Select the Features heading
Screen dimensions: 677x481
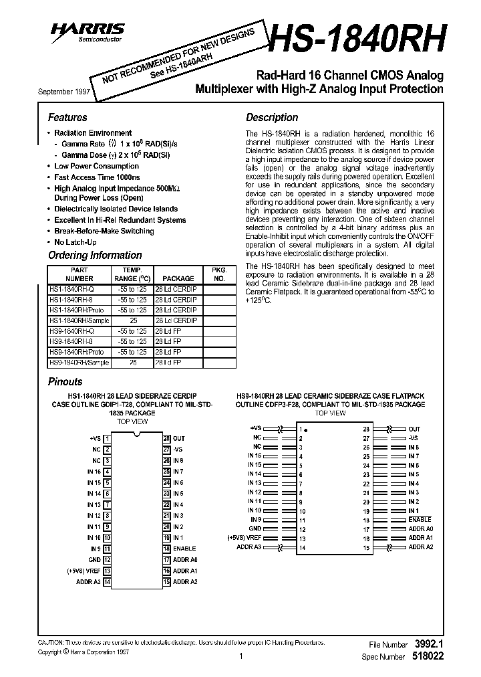(x=67, y=117)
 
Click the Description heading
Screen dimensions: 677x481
(x=272, y=117)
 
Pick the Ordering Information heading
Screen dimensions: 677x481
(x=95, y=255)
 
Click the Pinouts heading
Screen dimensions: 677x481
(x=65, y=381)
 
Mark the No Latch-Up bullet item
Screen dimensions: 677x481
(x=75, y=241)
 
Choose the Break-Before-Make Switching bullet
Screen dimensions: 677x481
(x=104, y=231)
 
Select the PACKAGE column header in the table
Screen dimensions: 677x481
(x=178, y=278)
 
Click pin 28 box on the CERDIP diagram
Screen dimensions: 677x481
(x=166, y=438)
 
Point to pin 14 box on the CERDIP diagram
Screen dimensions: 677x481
(x=107, y=581)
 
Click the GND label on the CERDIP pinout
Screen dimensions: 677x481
(x=94, y=559)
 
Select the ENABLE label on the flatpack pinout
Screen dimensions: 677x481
(x=420, y=519)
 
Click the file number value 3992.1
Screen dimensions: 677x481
(x=429, y=644)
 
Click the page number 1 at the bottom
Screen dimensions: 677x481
(x=239, y=656)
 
